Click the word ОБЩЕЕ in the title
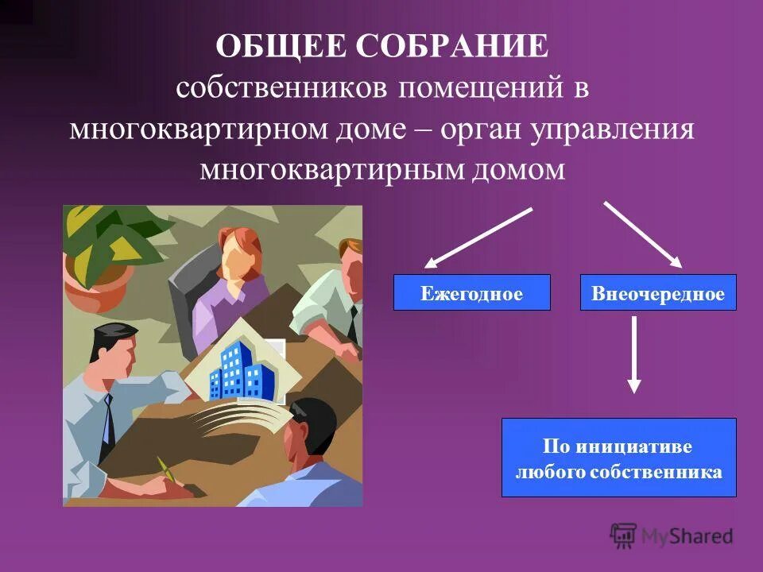281,46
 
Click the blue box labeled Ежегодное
471,292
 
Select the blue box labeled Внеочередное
658,292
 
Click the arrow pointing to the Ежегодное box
477,238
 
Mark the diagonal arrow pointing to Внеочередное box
643,234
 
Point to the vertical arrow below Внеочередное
633,354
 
